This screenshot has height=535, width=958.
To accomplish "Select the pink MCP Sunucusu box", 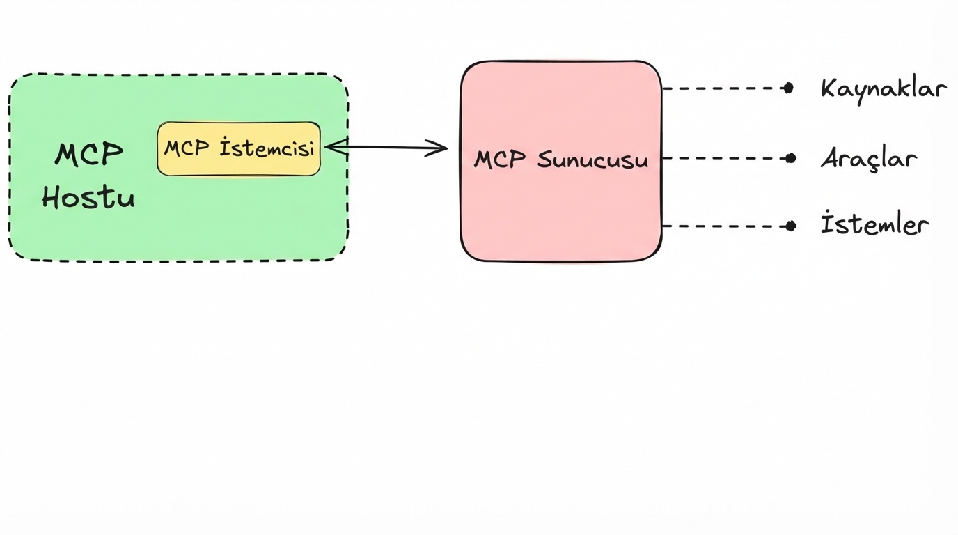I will coord(560,209).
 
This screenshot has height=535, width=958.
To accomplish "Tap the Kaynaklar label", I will coord(883,89).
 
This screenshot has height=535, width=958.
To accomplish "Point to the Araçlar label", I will coord(868,159).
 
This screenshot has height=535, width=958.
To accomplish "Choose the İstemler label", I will coord(874,225).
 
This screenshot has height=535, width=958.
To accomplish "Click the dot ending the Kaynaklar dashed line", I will coord(788,88).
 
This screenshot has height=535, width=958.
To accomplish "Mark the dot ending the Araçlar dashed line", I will coord(790,158).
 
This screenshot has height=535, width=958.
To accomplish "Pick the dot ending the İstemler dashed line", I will coord(791,226).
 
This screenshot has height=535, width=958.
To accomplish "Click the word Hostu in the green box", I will coord(88,198).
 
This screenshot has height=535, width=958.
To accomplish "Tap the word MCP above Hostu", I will coord(89,154).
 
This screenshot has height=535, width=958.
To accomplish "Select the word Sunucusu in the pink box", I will coord(592,160).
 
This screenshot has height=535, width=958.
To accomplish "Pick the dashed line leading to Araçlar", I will coord(724,158).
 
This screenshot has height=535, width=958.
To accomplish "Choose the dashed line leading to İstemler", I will coord(724,226).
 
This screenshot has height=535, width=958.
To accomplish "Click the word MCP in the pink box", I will coord(499,160).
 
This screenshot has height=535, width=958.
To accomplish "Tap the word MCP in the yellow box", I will coord(187,148).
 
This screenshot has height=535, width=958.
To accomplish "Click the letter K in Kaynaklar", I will coord(829,88).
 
